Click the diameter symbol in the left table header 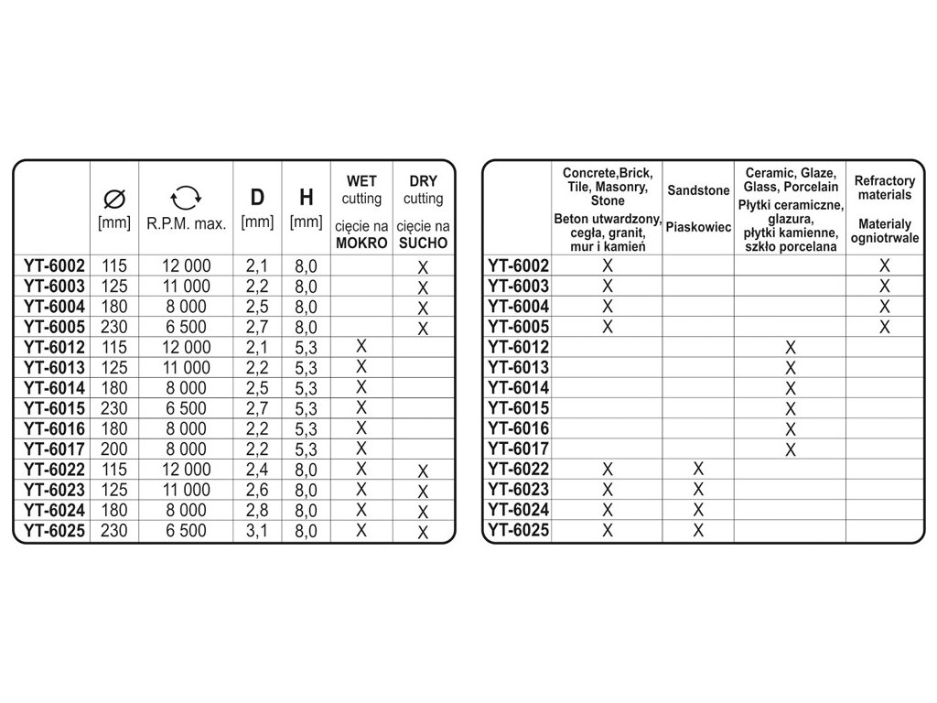pos(114,198)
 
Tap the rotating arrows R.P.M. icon pos(186,196)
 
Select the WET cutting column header pos(361,190)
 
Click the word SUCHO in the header pos(422,243)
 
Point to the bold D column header pos(257,198)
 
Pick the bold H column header pos(307,198)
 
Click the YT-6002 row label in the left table pos(54,266)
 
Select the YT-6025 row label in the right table pos(519,530)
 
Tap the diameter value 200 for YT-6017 pos(114,449)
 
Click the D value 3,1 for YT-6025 pos(257,530)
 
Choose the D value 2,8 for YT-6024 pos(257,510)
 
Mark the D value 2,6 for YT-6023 pos(257,490)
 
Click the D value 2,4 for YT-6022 pos(257,469)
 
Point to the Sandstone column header pos(698,191)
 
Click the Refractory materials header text pos(884,189)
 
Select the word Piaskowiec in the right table pos(698,227)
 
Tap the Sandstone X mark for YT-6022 pos(698,469)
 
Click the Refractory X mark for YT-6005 pos(884,327)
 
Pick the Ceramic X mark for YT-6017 pos(791,449)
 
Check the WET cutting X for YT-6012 pos(361,346)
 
